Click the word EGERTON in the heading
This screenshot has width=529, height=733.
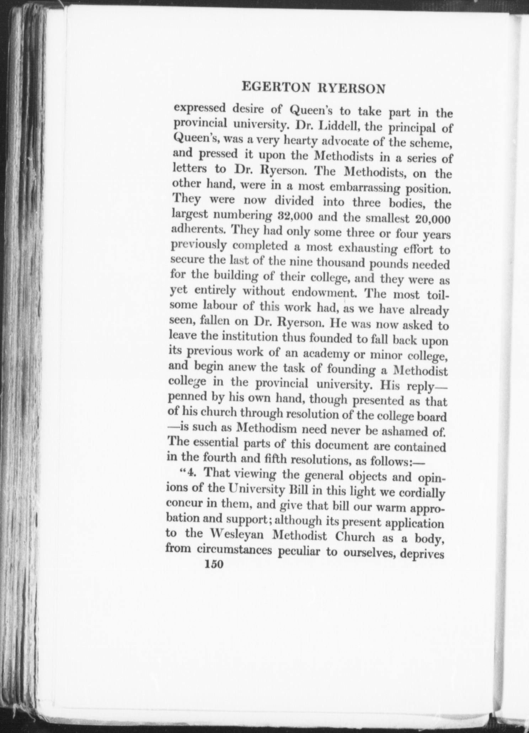274,87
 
